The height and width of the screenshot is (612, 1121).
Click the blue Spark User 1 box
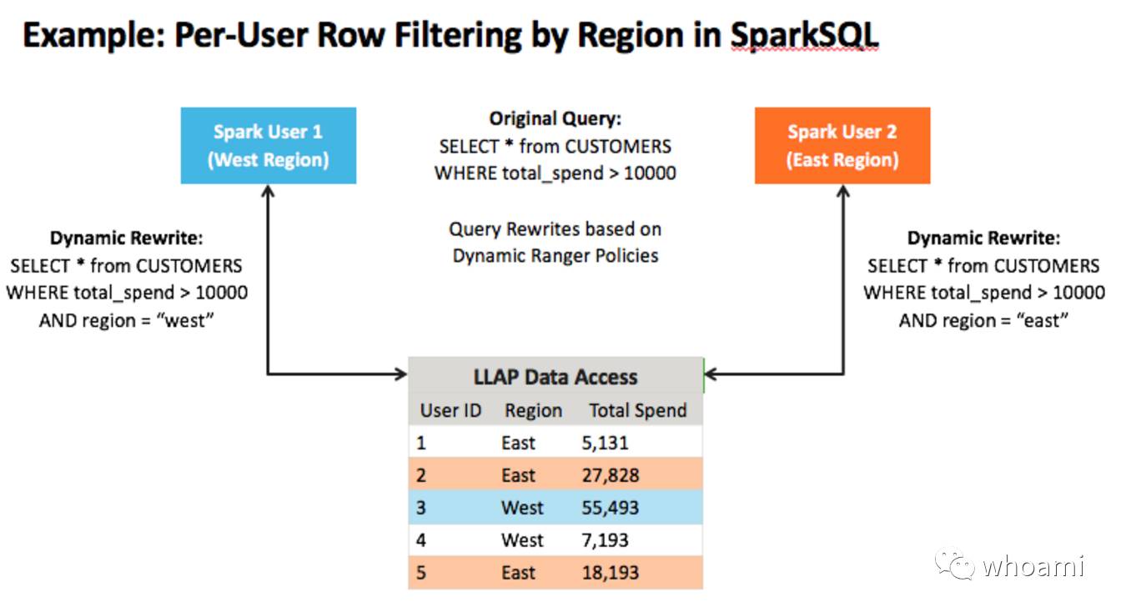click(x=269, y=146)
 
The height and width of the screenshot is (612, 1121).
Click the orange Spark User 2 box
click(x=842, y=146)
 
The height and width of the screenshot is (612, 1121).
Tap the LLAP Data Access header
click(x=555, y=377)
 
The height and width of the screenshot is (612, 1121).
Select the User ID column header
click(x=450, y=410)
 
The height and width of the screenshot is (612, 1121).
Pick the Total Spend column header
click(x=638, y=410)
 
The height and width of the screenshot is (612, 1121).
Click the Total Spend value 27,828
click(x=610, y=475)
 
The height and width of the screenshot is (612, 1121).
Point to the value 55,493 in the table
click(x=610, y=508)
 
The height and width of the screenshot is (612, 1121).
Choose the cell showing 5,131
click(x=605, y=443)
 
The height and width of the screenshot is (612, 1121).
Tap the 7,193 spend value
click(x=605, y=540)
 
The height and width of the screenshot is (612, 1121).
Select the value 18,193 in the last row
click(x=610, y=573)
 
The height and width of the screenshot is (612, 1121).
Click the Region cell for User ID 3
click(x=522, y=508)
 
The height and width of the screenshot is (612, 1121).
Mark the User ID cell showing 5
click(x=421, y=573)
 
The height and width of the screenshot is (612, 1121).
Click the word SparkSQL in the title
click(x=804, y=36)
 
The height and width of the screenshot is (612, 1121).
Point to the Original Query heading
click(x=555, y=118)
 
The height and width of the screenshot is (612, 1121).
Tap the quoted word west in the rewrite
click(x=185, y=320)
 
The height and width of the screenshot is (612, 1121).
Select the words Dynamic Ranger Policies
click(x=555, y=256)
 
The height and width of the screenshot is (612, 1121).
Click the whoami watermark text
click(x=1033, y=566)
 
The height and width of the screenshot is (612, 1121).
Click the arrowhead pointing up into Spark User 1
click(x=269, y=191)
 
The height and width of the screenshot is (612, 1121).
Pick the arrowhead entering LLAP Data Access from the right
click(x=711, y=374)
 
